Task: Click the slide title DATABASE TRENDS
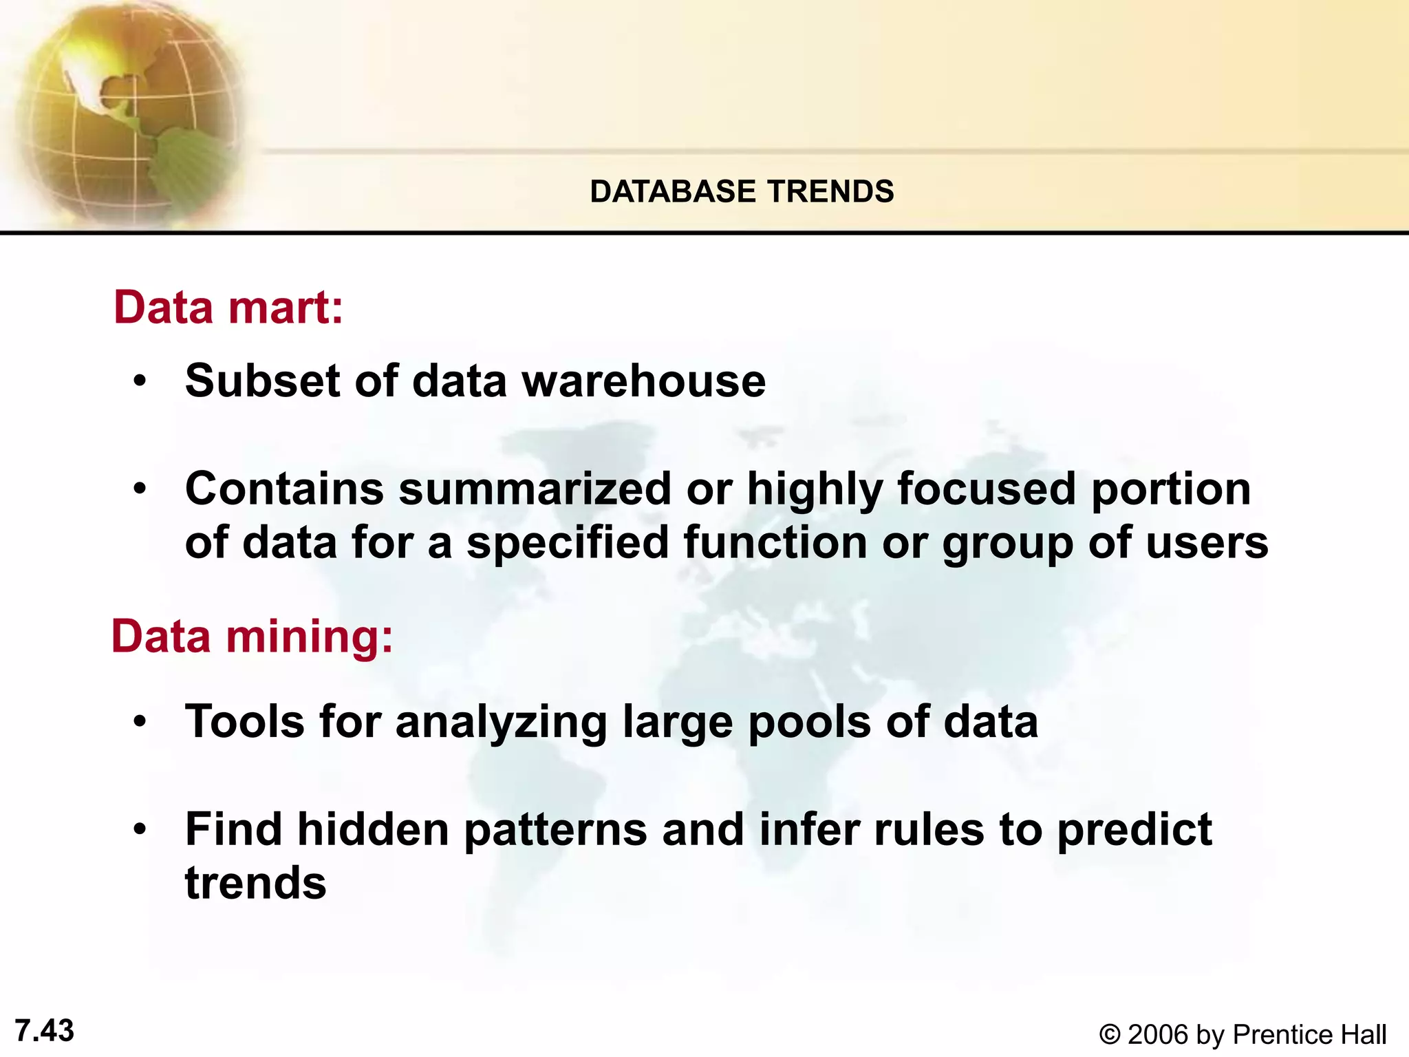pos(742,191)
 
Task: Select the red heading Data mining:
pos(252,636)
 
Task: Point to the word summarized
pos(534,489)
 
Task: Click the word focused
pos(987,489)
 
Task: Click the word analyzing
pos(501,723)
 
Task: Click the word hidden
pos(373,829)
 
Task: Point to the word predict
pos(1134,831)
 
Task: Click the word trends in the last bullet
pos(255,883)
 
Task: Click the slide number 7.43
pos(44,1031)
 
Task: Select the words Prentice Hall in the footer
pos(1309,1035)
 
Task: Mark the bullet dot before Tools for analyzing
pos(140,722)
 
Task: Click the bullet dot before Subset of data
pos(140,381)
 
